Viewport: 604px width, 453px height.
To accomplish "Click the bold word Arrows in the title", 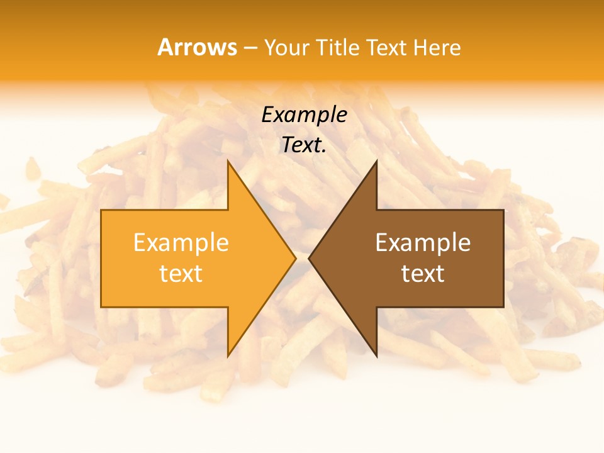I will point(197,47).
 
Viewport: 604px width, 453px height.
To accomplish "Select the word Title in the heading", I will point(337,48).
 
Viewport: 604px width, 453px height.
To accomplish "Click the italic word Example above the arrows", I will point(304,115).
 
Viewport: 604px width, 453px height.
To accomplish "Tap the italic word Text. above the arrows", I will point(304,145).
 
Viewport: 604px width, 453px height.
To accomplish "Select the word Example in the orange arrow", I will point(181,243).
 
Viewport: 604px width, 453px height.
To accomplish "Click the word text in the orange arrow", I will point(181,274).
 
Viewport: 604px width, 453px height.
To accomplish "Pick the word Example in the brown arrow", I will point(423,243).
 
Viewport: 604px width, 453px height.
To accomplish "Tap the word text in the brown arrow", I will point(423,274).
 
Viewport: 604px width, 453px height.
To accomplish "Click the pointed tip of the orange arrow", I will point(295,258).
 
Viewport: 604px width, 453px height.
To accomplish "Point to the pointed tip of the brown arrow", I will point(309,258).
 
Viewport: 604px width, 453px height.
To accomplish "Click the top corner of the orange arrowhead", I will point(228,161).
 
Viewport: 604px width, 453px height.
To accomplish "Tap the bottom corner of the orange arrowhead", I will point(228,356).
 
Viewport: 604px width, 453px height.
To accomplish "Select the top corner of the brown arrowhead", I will point(376,161).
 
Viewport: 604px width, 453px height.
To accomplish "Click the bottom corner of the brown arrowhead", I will point(376,356).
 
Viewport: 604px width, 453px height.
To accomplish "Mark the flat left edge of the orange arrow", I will point(101,258).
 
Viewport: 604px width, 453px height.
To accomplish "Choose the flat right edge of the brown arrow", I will point(503,258).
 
